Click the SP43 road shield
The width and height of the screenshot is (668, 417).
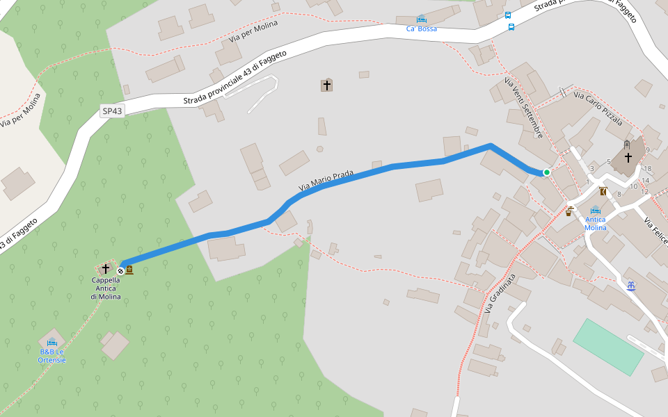tap(112, 111)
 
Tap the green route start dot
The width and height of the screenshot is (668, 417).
tap(547, 172)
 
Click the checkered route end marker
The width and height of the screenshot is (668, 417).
tap(120, 270)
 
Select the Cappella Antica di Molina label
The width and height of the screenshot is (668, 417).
tap(106, 288)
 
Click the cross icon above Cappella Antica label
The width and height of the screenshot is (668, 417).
tap(106, 268)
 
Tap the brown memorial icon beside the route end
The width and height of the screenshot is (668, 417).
tap(129, 270)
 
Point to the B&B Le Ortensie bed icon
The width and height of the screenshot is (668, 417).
tap(51, 343)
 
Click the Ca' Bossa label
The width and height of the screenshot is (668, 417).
tap(422, 28)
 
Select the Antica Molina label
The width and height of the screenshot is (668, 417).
tap(596, 223)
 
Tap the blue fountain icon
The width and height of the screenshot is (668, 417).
tap(631, 286)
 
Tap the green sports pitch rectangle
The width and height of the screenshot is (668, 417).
tap(608, 347)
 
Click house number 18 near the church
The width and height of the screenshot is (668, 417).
tap(647, 168)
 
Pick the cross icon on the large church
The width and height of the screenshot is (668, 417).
tap(628, 157)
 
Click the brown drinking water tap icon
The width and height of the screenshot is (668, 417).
tap(569, 211)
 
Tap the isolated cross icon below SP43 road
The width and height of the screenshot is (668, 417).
tap(326, 85)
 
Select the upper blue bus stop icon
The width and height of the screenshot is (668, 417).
tap(508, 15)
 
